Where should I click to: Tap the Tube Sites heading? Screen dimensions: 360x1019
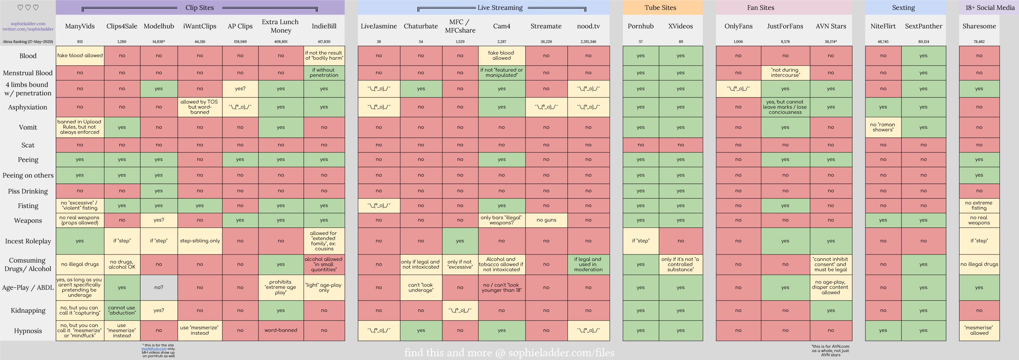[660, 7]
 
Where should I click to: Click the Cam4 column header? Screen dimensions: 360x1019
[502, 26]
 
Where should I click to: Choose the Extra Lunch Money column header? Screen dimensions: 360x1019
[280, 26]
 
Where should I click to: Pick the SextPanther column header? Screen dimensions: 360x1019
[923, 26]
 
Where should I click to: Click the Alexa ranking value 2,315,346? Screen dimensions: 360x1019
[588, 42]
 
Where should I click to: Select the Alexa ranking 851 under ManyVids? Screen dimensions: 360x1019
[80, 42]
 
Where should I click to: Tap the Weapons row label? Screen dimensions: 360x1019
[28, 220]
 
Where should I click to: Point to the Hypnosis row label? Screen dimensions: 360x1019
[28, 331]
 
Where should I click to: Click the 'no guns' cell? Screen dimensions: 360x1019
[546, 220]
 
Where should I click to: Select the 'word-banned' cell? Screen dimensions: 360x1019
[280, 330]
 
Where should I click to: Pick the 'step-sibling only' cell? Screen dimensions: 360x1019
[200, 241]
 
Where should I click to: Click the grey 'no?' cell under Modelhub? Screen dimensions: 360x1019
[159, 287]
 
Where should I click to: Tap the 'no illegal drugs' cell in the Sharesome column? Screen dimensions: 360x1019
[979, 264]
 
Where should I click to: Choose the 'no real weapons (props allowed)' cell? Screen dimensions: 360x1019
[80, 220]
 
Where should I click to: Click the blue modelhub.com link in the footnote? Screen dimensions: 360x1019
[154, 349]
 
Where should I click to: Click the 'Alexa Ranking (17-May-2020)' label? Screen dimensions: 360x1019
[28, 42]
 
